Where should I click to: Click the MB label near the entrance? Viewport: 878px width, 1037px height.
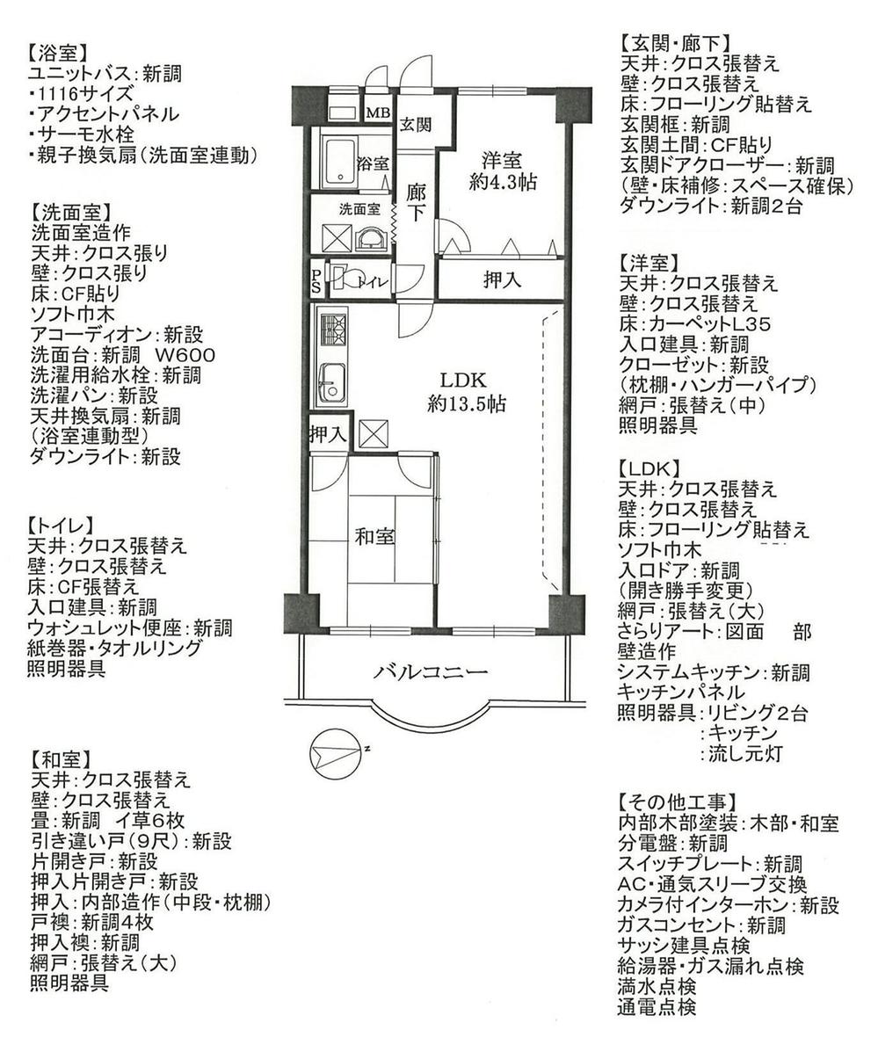click(378, 113)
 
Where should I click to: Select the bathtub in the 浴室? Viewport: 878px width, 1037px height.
click(337, 161)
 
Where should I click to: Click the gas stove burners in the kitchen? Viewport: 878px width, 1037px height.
click(332, 330)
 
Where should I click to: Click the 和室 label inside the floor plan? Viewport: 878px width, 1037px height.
click(374, 535)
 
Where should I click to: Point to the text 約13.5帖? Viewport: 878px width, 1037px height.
click(466, 404)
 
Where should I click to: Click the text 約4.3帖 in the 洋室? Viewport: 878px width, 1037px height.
click(501, 182)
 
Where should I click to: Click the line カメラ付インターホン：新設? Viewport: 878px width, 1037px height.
click(728, 905)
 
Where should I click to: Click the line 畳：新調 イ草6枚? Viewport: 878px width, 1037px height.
click(107, 820)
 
